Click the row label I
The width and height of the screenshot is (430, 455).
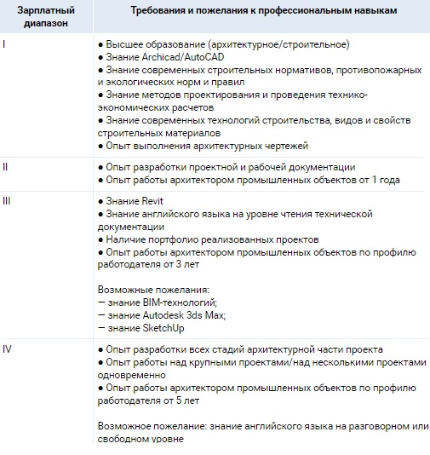pos(4,43)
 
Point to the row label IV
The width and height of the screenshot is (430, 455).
pos(8,349)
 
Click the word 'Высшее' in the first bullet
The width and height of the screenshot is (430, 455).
pos(124,43)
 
